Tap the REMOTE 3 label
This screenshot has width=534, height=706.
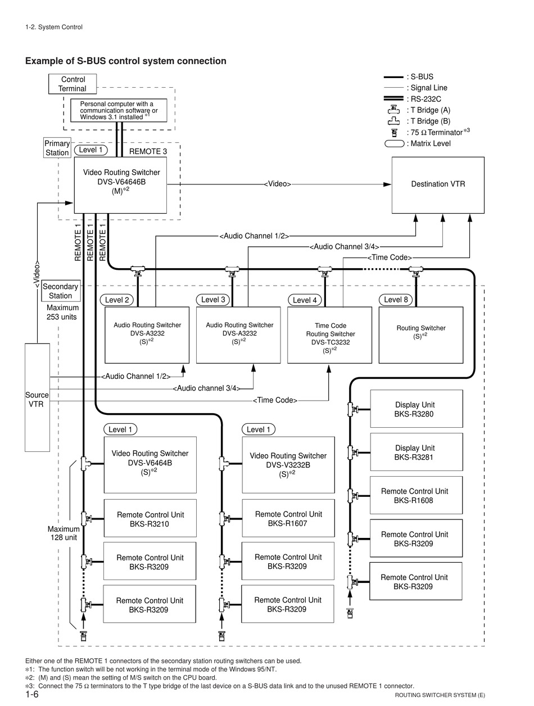[x=148, y=152]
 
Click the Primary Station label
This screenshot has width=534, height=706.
[x=57, y=148]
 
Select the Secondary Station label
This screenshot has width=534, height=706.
[x=61, y=291]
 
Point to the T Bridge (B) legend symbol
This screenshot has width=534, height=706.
[x=393, y=121]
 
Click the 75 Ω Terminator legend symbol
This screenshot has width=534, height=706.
[x=394, y=133]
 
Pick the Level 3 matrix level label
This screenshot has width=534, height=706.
[x=213, y=300]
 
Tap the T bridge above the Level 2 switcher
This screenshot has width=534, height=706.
[x=138, y=271]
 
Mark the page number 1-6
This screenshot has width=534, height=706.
[x=32, y=694]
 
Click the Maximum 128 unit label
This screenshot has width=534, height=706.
[x=64, y=533]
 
